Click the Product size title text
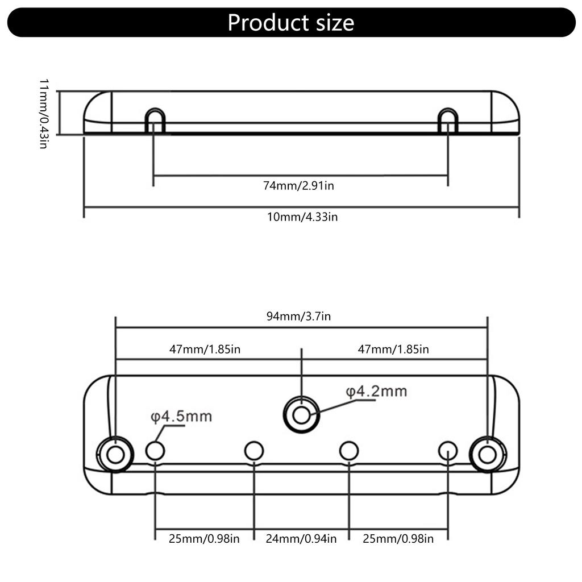pos(290,23)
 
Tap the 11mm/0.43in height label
pos(44,114)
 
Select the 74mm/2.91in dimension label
pos(298,186)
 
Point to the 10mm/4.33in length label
pos(302,217)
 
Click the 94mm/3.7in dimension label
pos(298,316)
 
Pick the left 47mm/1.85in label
pos(205,350)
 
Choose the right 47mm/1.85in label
pos(393,350)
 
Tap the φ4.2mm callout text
pos(376,392)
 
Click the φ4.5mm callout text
pos(181,417)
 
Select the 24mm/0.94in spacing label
pos(301,539)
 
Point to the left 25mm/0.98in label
pos(204,539)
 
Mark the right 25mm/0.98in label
pos(398,539)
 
